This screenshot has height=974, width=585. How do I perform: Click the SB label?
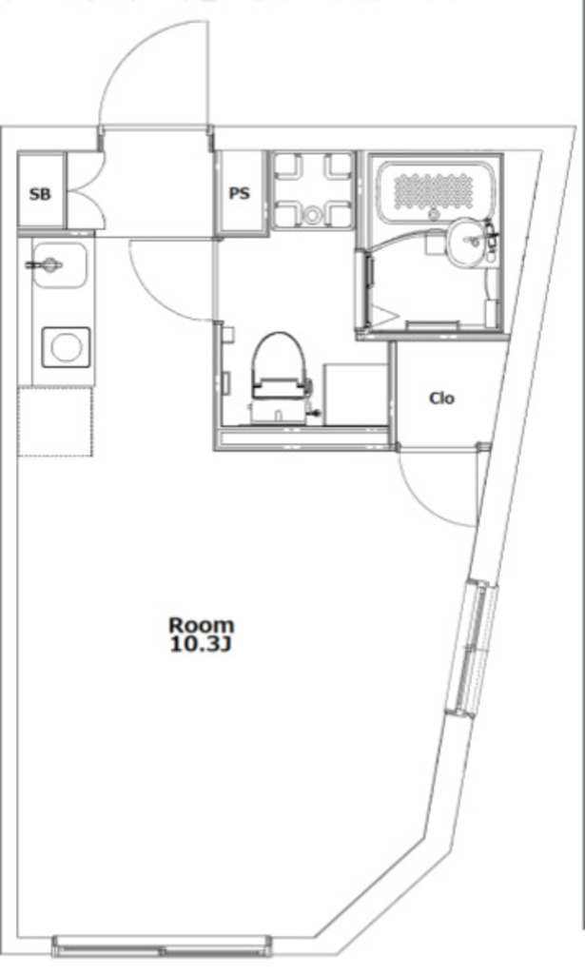coord(40,194)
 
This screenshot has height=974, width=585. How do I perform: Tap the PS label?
coord(240,193)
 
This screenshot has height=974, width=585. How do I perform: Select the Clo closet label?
coord(442,398)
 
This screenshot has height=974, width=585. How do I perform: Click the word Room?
coord(202,624)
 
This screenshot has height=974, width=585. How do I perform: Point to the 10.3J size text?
coord(201,645)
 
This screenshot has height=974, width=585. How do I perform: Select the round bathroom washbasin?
coord(468,242)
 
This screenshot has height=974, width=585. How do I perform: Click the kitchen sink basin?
coord(60,265)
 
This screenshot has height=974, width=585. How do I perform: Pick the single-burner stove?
coord(66,347)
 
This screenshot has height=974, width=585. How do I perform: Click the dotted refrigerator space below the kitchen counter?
coord(55,421)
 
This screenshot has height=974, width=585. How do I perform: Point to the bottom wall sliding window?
coord(163,946)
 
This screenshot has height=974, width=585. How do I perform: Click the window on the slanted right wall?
coord(473,649)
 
